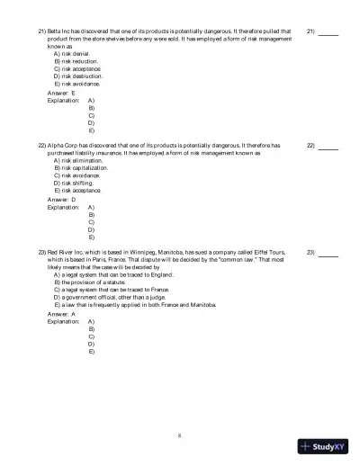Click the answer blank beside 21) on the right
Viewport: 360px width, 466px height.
point(328,32)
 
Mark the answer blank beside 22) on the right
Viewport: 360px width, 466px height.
point(328,147)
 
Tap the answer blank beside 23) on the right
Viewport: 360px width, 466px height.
point(328,254)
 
